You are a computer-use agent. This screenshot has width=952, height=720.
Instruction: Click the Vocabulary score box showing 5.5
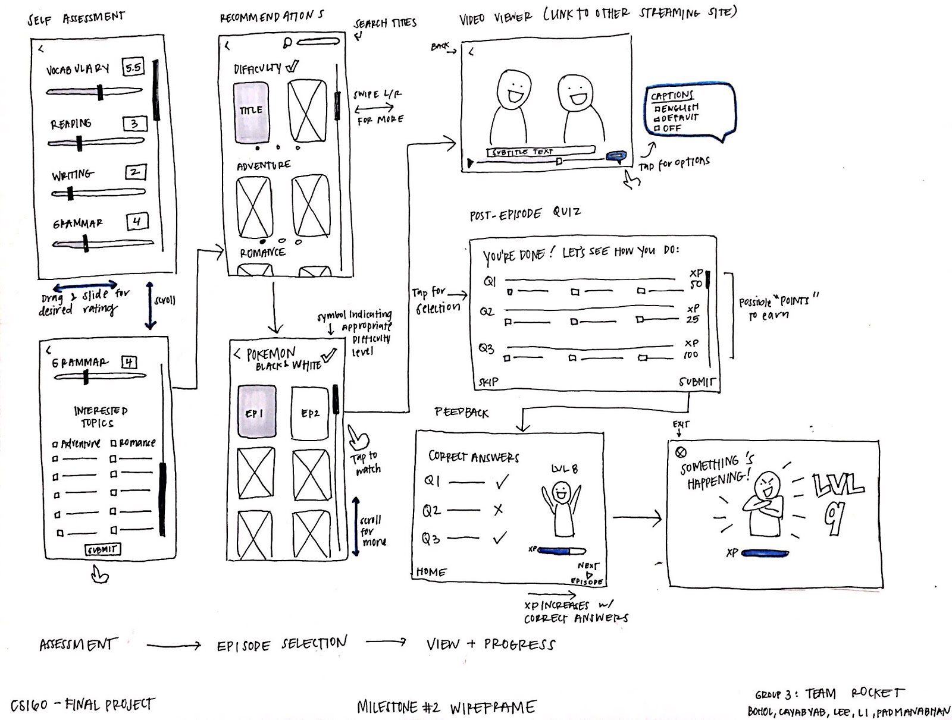pyautogui.click(x=133, y=67)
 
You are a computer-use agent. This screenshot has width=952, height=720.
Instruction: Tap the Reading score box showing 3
pyautogui.click(x=134, y=124)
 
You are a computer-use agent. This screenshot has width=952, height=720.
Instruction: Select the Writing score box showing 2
pyautogui.click(x=135, y=172)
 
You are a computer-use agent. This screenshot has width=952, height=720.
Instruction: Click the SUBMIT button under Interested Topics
pyautogui.click(x=103, y=549)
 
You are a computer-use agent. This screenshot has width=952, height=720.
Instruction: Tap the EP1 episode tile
pyautogui.click(x=256, y=412)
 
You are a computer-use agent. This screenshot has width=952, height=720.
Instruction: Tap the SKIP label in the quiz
pyautogui.click(x=488, y=382)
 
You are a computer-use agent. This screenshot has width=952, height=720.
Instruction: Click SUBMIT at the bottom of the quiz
pyautogui.click(x=696, y=382)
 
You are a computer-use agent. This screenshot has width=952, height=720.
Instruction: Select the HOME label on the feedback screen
pyautogui.click(x=431, y=572)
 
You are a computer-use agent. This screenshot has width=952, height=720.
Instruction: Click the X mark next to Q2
pyautogui.click(x=499, y=510)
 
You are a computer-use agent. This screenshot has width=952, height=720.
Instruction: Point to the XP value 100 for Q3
pyautogui.click(x=691, y=354)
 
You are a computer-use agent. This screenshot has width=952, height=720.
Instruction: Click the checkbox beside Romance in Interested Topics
pyautogui.click(x=114, y=444)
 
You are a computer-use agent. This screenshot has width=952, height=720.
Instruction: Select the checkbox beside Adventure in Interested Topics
pyautogui.click(x=55, y=444)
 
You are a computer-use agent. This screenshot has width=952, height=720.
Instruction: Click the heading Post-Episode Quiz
pyautogui.click(x=525, y=214)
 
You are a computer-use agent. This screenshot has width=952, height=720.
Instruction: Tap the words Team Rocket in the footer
pyautogui.click(x=854, y=693)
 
